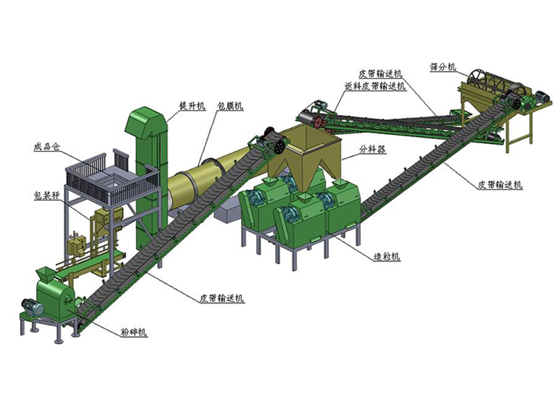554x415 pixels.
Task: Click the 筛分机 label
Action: [x=443, y=67]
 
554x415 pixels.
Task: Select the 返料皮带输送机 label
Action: [x=375, y=86]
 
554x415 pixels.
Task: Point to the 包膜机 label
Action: [x=230, y=106]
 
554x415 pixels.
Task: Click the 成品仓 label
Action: [x=47, y=147]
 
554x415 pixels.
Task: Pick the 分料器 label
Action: [x=373, y=149]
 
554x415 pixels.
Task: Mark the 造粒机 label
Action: [x=386, y=256]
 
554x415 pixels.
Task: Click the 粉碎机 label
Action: [x=133, y=332]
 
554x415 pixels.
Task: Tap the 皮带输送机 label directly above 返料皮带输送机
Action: [x=380, y=74]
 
